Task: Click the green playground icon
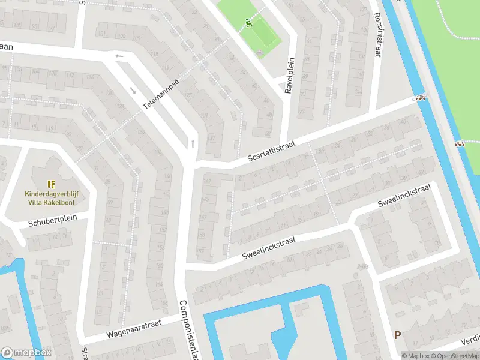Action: tap(249, 24)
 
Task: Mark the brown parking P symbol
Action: tap(397, 335)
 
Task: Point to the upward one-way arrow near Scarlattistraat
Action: tap(193, 143)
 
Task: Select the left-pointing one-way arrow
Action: tap(119, 56)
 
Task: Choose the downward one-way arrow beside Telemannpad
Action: tap(133, 91)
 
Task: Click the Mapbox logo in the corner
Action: tap(26, 353)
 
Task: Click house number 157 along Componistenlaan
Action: tap(200, 250)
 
